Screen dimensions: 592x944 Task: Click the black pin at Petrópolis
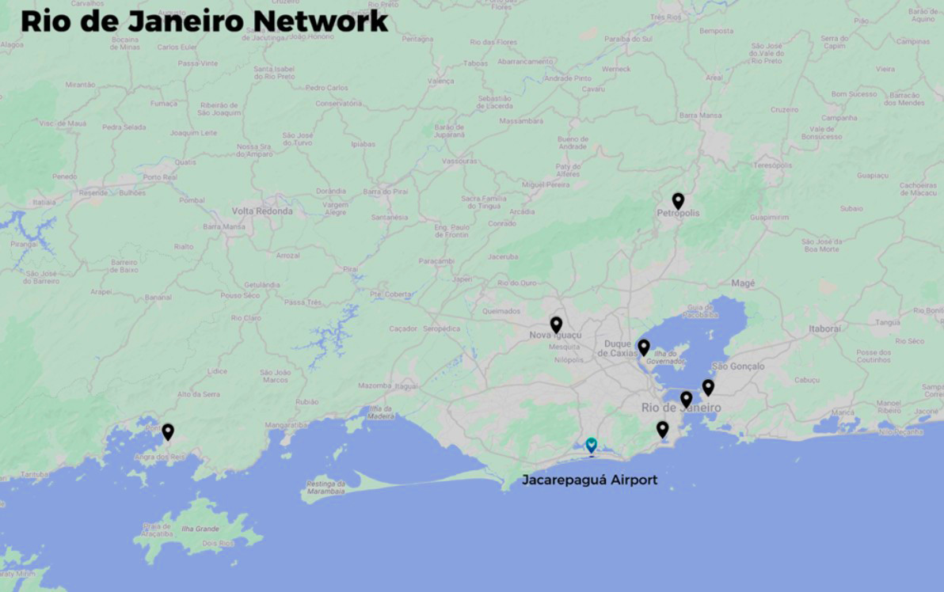pos(678,201)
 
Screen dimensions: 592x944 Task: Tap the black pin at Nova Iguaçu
pos(556,324)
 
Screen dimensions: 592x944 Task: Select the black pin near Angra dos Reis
pos(168,431)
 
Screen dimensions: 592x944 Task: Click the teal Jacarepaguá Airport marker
pos(591,446)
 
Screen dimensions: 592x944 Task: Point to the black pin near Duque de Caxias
pos(644,347)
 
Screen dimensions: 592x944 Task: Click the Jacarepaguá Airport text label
pos(589,480)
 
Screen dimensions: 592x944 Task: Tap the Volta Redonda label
pos(262,211)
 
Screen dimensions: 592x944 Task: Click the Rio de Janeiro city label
pos(681,408)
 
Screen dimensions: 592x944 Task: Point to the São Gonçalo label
pos(738,366)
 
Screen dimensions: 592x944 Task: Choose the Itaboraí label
pos(824,328)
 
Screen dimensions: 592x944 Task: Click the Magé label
pos(743,283)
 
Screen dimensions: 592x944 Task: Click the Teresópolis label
pos(771,166)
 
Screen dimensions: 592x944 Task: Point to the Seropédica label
pos(442,328)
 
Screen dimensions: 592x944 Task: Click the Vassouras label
pos(460,161)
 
